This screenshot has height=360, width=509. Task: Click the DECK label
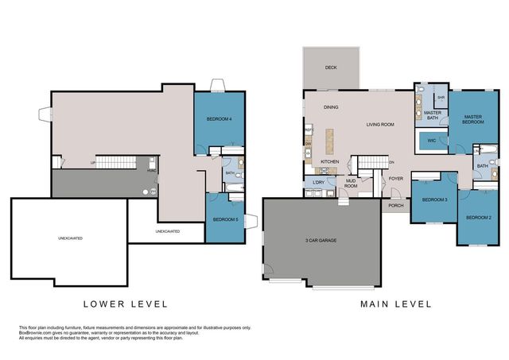(x=330, y=68)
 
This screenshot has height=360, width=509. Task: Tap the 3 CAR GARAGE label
(x=321, y=239)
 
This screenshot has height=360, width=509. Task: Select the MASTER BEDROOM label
(x=474, y=119)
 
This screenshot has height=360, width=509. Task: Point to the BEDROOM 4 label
(x=220, y=119)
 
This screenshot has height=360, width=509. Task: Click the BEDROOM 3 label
(x=433, y=199)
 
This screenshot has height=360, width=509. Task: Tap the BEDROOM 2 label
(x=478, y=217)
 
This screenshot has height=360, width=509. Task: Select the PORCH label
(x=396, y=206)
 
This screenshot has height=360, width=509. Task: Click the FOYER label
(x=395, y=179)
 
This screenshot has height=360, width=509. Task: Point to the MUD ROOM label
(x=350, y=184)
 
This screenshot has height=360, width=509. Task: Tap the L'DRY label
(x=318, y=184)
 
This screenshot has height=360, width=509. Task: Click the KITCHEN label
(x=330, y=161)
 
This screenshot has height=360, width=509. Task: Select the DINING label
(x=331, y=107)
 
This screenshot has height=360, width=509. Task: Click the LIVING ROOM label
(x=380, y=125)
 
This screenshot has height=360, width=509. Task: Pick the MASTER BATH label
(x=433, y=116)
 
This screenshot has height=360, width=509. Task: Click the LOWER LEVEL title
(x=126, y=304)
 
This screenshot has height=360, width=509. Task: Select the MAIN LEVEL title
(x=395, y=304)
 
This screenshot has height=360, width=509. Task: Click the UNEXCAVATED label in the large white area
(x=70, y=238)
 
